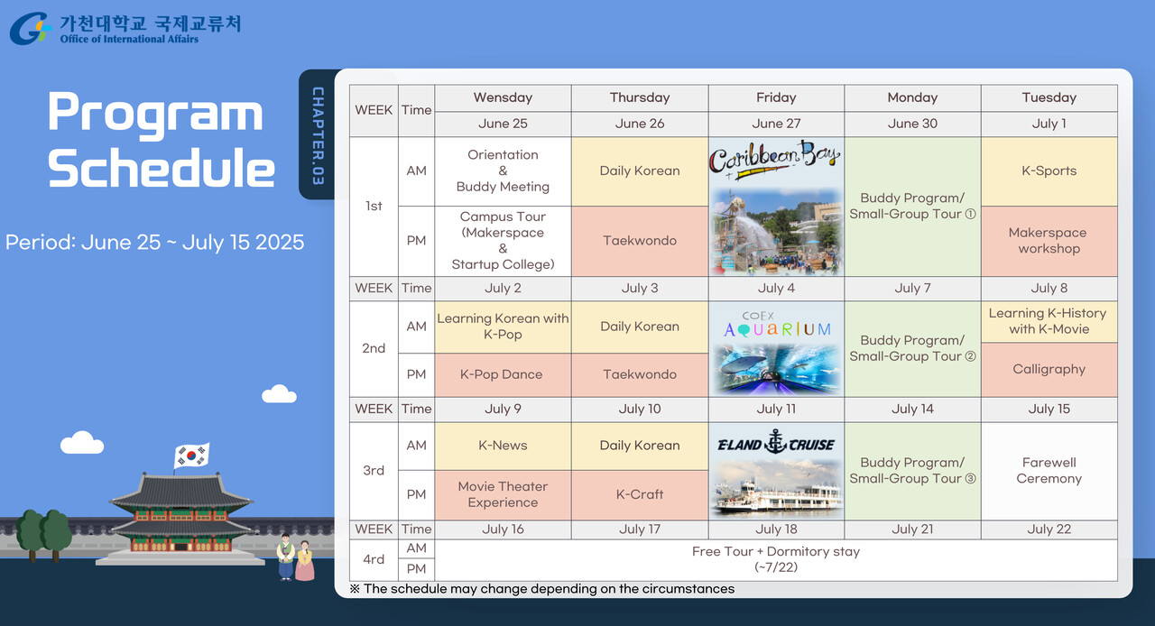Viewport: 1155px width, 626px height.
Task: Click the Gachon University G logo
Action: [x=30, y=28]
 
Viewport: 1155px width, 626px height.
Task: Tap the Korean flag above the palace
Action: [x=191, y=456]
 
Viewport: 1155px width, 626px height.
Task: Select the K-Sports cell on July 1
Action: [x=1049, y=171]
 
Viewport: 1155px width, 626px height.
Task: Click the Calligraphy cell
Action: [x=1049, y=370]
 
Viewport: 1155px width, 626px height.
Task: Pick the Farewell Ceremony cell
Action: [x=1049, y=471]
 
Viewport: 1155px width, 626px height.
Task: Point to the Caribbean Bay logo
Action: [x=774, y=159]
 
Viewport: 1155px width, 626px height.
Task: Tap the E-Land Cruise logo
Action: [x=776, y=442]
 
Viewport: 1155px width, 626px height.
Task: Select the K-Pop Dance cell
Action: [x=503, y=375]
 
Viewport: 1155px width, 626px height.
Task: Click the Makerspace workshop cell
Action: [x=1049, y=241]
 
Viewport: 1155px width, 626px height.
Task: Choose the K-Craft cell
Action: [x=640, y=495]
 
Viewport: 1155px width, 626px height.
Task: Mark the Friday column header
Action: [x=776, y=98]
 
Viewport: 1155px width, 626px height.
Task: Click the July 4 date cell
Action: [x=776, y=289]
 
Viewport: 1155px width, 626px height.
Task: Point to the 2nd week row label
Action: [x=374, y=348]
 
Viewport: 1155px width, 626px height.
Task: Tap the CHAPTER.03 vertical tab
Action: [x=318, y=134]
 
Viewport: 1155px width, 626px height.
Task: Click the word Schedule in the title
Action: [x=162, y=168]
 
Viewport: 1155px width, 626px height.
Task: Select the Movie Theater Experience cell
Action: [x=503, y=495]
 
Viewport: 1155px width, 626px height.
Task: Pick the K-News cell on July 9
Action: [x=503, y=446]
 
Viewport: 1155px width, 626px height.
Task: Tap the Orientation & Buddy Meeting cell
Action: [x=503, y=171]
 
